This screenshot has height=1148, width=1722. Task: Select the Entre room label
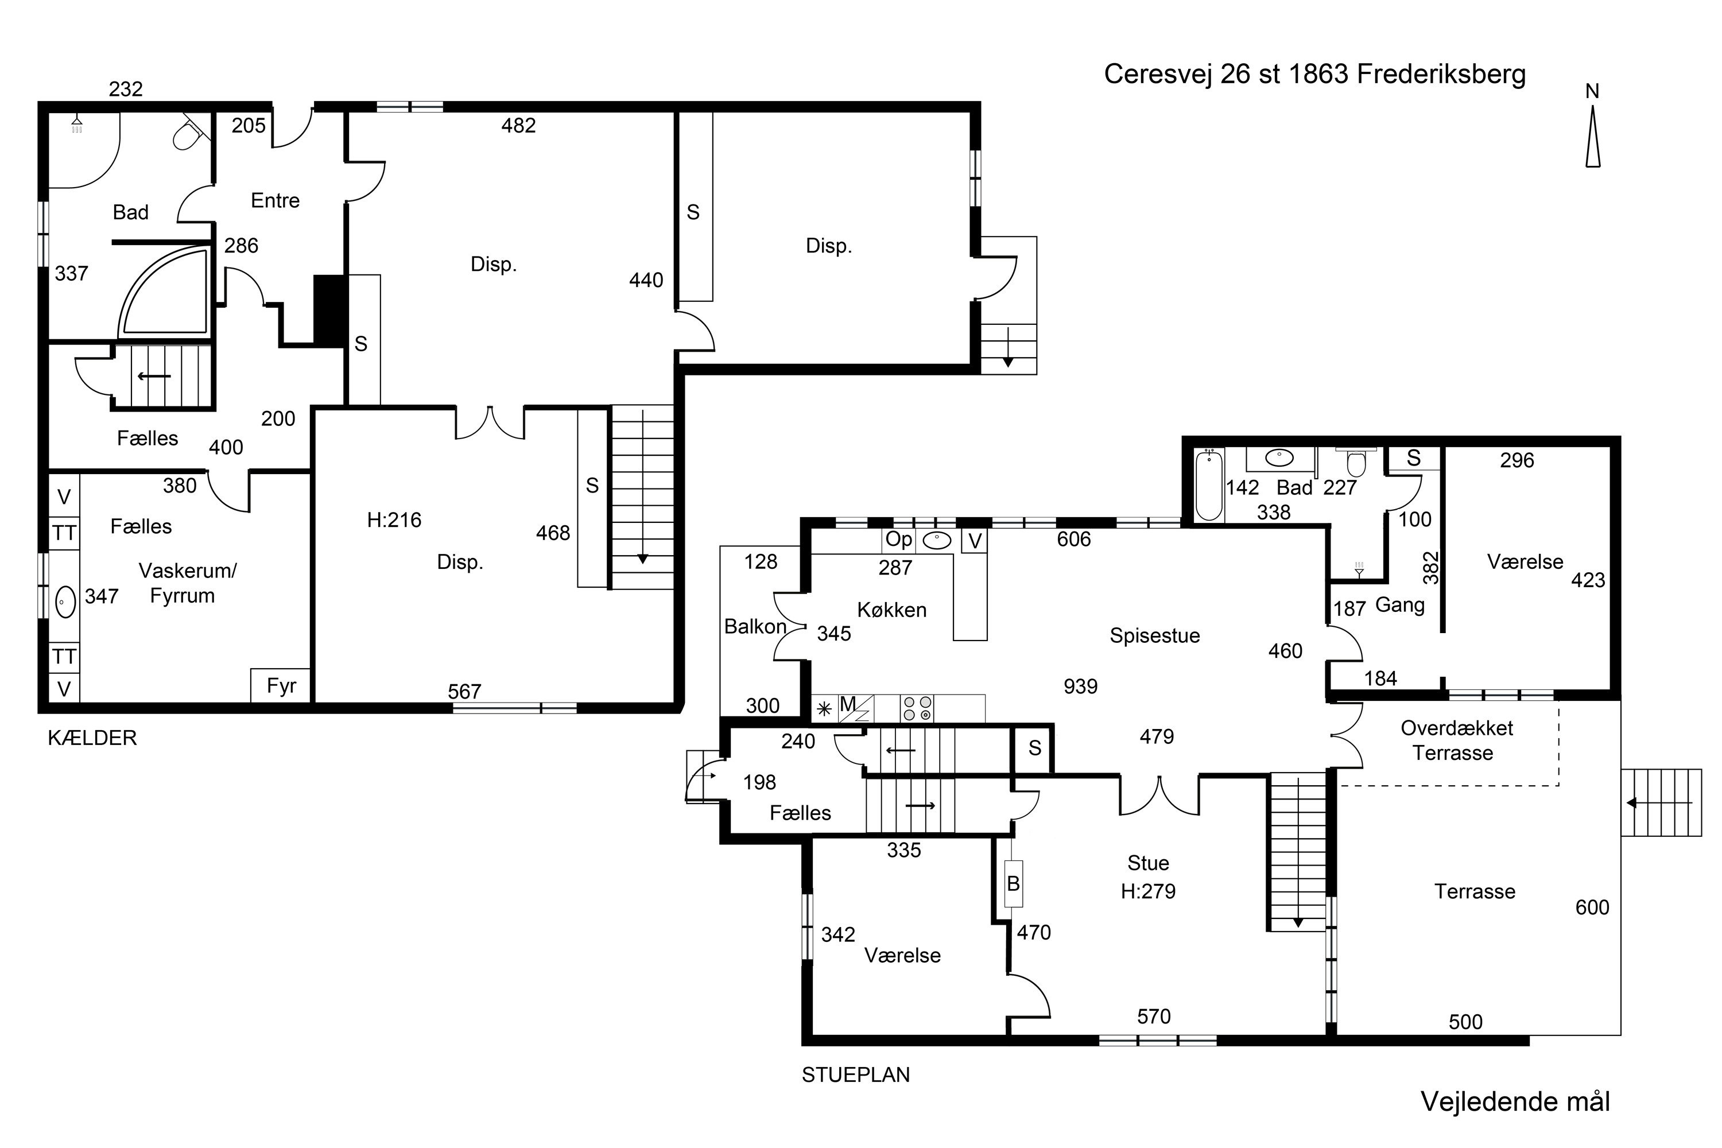coord(276,200)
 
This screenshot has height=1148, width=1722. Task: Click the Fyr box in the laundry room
coord(281,685)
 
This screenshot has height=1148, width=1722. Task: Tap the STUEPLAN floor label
coord(856,1075)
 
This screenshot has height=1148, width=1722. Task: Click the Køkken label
coord(892,610)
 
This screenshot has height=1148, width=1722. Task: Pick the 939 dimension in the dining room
coord(1081,686)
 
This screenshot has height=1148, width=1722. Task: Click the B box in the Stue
coord(1013,884)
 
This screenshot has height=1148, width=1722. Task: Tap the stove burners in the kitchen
coord(917,708)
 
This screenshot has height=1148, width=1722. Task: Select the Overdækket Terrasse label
coord(1456,740)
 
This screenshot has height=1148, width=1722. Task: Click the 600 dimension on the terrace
coord(1592,908)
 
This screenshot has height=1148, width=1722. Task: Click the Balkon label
coord(755,627)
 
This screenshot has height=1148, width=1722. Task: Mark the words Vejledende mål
coord(1515,1102)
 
